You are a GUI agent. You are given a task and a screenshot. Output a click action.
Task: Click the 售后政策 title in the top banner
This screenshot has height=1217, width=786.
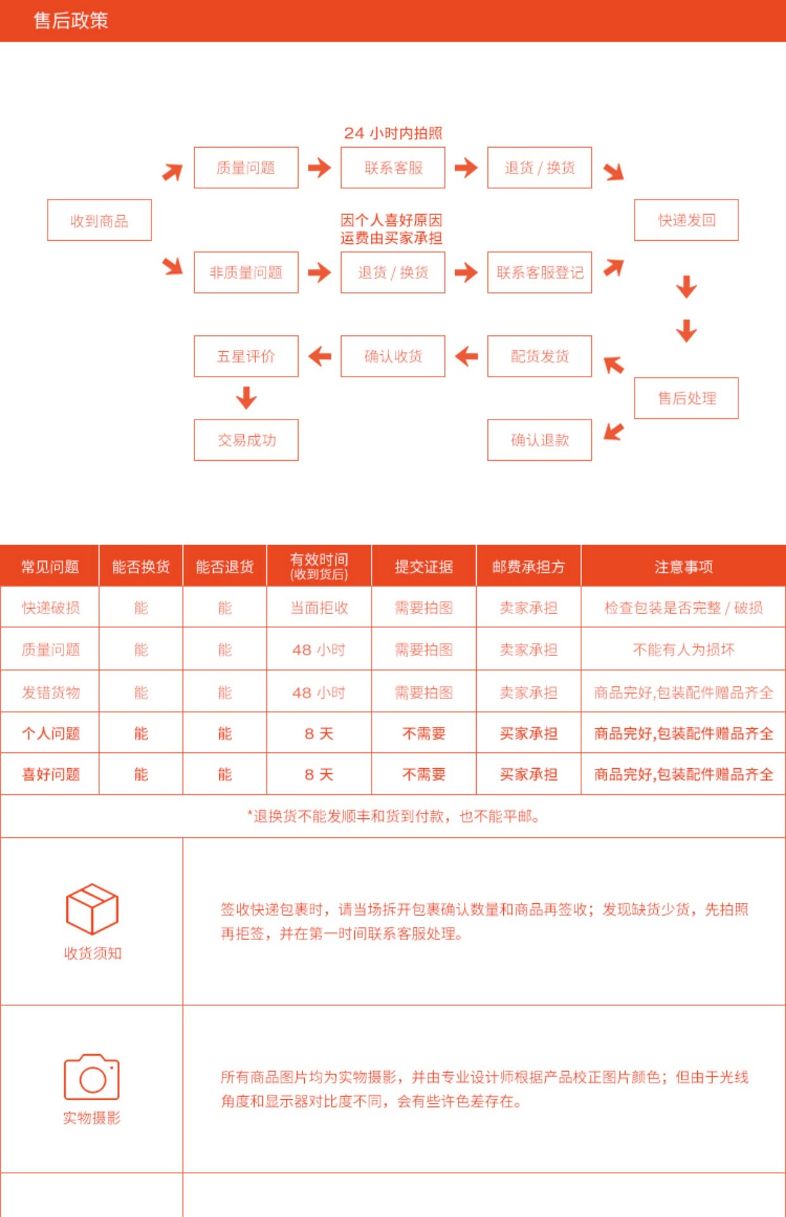click(x=70, y=20)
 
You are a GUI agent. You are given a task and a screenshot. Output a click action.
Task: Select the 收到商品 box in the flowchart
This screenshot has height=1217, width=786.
click(x=100, y=220)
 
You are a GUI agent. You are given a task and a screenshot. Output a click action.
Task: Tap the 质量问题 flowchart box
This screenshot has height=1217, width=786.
click(x=246, y=167)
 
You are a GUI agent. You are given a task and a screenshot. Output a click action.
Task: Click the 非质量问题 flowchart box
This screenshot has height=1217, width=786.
click(x=246, y=273)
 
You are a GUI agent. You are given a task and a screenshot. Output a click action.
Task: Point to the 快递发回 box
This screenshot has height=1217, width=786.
click(x=686, y=220)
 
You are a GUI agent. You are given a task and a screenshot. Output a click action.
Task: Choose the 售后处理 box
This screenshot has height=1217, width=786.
click(x=686, y=398)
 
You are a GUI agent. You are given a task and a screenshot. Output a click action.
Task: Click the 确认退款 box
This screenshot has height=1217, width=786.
click(x=539, y=440)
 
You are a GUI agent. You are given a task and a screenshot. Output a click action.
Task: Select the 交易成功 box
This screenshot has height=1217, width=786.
click(x=246, y=440)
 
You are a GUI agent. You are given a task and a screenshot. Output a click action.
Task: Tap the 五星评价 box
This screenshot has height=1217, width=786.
click(x=246, y=356)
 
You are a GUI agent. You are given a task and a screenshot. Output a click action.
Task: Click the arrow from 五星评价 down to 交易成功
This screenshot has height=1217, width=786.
click(x=246, y=398)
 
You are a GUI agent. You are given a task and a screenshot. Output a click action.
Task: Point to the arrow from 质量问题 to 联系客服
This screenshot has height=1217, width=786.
click(x=319, y=167)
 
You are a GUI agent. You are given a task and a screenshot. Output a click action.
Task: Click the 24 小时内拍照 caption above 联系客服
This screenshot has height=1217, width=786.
click(x=393, y=133)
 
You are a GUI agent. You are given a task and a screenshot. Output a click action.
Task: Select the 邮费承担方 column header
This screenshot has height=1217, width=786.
click(x=529, y=566)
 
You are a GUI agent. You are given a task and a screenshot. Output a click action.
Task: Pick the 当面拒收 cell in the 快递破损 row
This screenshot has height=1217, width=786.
click(x=319, y=608)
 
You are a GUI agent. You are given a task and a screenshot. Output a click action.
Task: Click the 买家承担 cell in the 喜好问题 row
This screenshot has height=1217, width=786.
click(x=529, y=775)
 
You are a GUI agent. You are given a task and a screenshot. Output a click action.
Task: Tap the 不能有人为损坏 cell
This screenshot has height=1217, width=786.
click(x=683, y=650)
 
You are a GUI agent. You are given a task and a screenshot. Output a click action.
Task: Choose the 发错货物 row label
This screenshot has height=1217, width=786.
click(x=51, y=692)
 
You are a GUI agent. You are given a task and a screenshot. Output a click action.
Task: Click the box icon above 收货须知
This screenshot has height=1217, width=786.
click(x=92, y=909)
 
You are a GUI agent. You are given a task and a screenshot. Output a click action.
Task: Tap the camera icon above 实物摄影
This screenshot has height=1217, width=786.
click(x=92, y=1076)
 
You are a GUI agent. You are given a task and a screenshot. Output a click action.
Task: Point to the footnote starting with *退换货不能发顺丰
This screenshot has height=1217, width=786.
click(x=393, y=816)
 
